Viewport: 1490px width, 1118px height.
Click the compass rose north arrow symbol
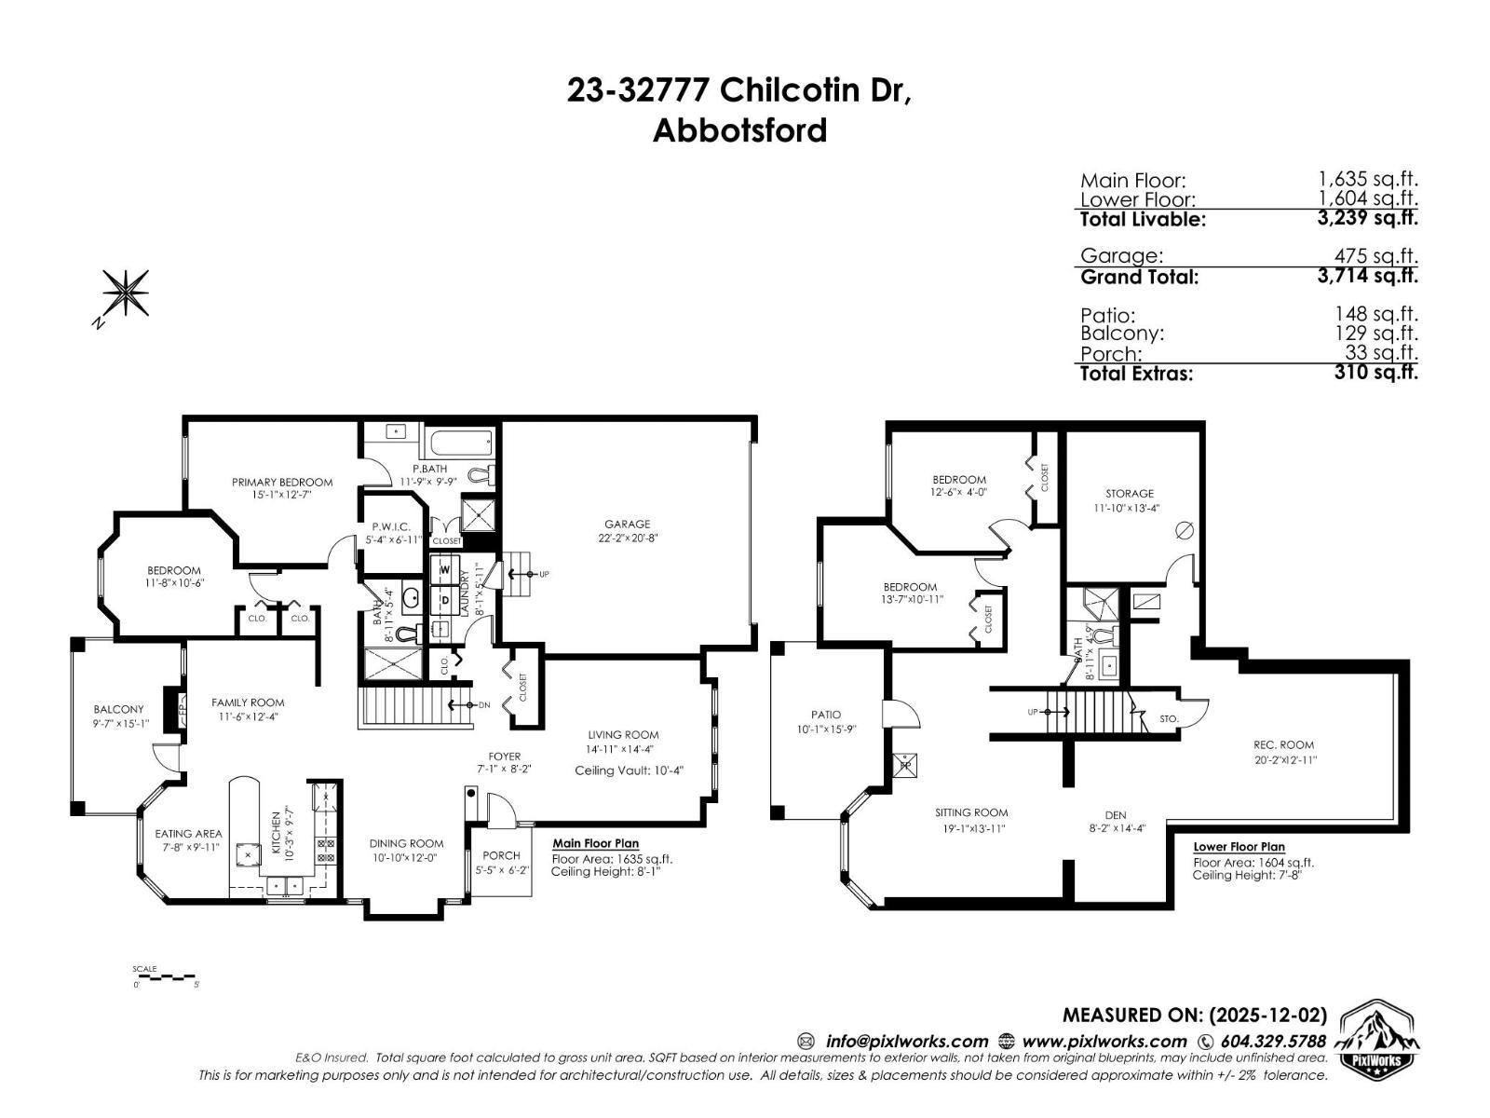(124, 293)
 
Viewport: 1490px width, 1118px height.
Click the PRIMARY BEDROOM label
(282, 482)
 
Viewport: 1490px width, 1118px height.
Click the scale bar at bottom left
(166, 977)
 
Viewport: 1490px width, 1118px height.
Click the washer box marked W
(444, 569)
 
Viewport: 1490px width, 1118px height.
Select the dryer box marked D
(444, 599)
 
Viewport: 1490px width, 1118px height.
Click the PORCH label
(501, 855)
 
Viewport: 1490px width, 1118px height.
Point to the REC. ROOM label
(1284, 744)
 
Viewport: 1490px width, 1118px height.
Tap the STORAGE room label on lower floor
(1130, 494)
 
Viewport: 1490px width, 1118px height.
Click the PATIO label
(825, 715)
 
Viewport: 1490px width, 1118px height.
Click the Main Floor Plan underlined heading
(595, 843)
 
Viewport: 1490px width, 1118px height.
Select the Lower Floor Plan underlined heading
(1239, 847)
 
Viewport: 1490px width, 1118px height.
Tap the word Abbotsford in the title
(739, 130)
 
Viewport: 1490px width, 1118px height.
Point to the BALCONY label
(118, 709)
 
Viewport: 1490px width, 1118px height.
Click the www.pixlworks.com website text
(1104, 1042)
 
